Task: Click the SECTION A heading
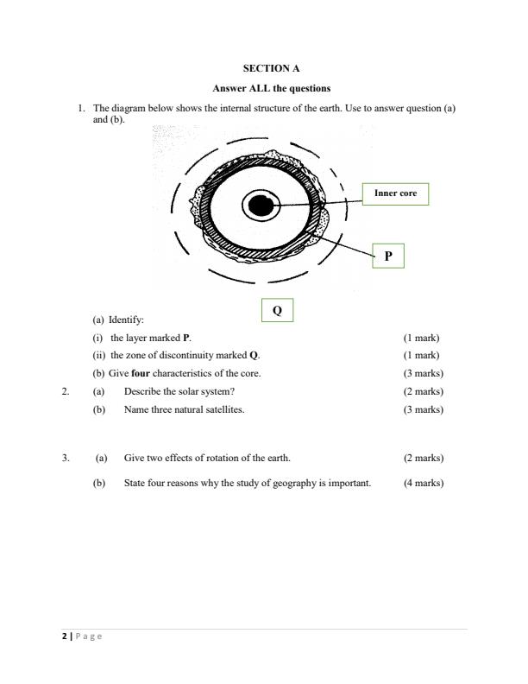[272, 67]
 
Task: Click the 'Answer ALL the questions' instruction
[272, 88]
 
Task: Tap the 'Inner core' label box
[395, 193]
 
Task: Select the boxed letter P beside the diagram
[388, 256]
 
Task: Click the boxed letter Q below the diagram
[277, 311]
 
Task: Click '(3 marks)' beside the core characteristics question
[424, 373]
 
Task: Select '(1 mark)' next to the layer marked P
[421, 338]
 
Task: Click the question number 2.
[66, 391]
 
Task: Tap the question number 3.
[66, 458]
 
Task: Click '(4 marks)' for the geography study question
[424, 483]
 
